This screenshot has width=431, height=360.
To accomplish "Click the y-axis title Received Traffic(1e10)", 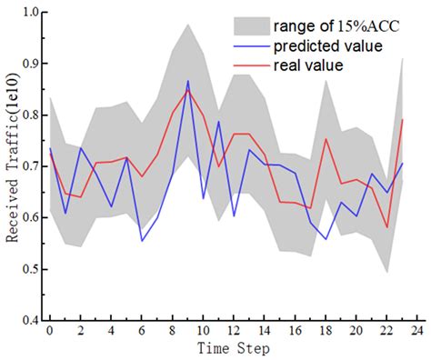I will point(12,165).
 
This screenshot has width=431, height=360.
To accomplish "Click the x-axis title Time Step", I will point(233,347).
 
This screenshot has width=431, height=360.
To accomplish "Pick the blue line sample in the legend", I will point(250,45).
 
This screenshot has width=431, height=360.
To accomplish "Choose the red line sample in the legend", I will point(250,65).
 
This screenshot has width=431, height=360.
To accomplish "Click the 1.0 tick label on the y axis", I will point(28,14).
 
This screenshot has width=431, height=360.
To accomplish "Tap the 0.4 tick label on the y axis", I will point(28,321).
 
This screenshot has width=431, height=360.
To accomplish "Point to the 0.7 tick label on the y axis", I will point(28,167).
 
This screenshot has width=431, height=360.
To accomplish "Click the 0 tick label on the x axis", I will point(50,331).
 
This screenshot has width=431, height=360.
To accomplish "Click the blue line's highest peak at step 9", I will point(188,81).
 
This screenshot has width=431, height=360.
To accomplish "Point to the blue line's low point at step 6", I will point(142,241).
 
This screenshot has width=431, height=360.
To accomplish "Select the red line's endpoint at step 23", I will point(402,119).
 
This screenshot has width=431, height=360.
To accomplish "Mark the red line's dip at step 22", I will point(386,227).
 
